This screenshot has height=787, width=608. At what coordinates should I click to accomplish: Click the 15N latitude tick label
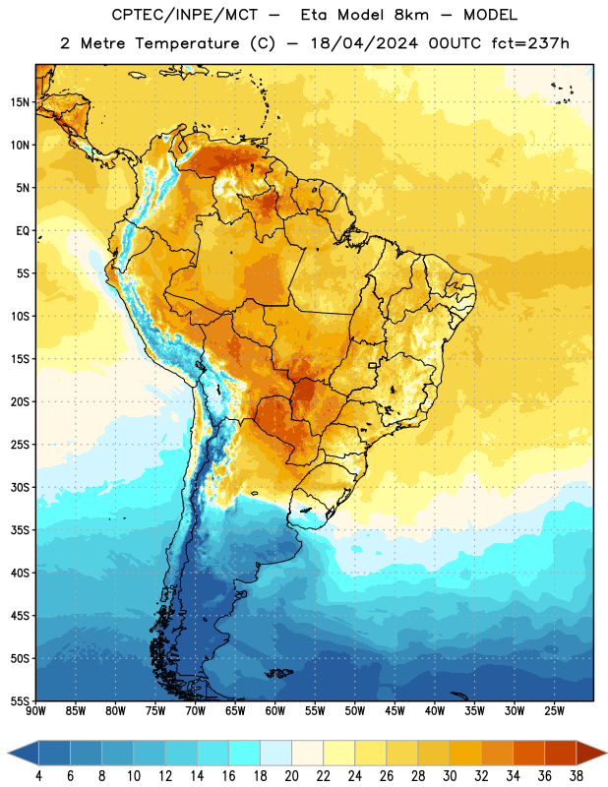pyautogui.click(x=20, y=102)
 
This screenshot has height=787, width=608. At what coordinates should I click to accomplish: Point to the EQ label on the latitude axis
pyautogui.click(x=23, y=231)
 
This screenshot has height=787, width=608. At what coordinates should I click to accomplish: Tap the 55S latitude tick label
pyautogui.click(x=20, y=700)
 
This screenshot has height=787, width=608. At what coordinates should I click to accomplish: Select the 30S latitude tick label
pyautogui.click(x=20, y=487)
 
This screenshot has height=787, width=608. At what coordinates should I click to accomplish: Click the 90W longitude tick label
pyautogui.click(x=35, y=710)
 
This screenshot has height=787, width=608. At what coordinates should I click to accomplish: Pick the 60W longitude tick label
pyautogui.click(x=275, y=710)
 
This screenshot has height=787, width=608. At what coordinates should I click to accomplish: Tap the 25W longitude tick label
pyautogui.click(x=554, y=710)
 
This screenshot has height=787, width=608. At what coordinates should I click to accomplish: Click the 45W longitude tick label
pyautogui.click(x=395, y=710)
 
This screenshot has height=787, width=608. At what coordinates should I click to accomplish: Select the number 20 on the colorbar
pyautogui.click(x=291, y=776)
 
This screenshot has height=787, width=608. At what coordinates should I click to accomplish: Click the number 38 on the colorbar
pyautogui.click(x=577, y=776)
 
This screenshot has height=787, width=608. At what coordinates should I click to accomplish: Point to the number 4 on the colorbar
pyautogui.click(x=38, y=776)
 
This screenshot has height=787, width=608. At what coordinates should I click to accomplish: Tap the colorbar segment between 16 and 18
pyautogui.click(x=244, y=753)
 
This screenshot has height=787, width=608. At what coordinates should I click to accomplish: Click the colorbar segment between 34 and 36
pyautogui.click(x=528, y=753)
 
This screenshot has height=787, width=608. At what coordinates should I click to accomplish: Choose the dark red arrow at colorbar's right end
pyautogui.click(x=590, y=753)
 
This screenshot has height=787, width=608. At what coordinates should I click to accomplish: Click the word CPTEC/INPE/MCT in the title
pyautogui.click(x=184, y=15)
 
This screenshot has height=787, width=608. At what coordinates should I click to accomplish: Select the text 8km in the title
pyautogui.click(x=411, y=15)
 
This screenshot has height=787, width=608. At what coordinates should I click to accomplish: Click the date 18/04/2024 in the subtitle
pyautogui.click(x=364, y=43)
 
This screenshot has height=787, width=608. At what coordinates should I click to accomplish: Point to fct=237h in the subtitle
pyautogui.click(x=530, y=43)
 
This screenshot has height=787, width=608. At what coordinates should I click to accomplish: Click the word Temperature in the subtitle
pyautogui.click(x=187, y=43)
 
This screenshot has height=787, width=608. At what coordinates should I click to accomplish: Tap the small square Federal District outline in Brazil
pyautogui.click(x=373, y=365)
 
